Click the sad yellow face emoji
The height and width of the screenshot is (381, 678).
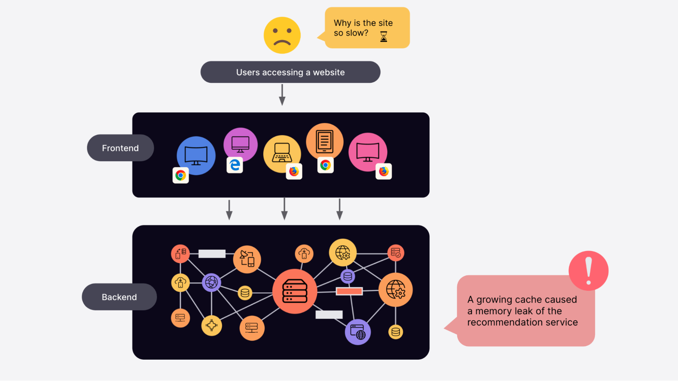pyautogui.click(x=282, y=35)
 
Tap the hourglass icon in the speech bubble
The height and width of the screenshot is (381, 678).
pyautogui.click(x=384, y=36)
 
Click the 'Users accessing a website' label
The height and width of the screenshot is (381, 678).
pyautogui.click(x=290, y=72)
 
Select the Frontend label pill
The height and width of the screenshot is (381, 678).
pyautogui.click(x=120, y=148)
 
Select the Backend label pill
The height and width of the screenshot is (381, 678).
pyautogui.click(x=119, y=297)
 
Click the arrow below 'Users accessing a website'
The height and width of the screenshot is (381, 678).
pyautogui.click(x=282, y=95)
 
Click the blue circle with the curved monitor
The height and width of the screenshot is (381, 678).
pyautogui.click(x=196, y=155)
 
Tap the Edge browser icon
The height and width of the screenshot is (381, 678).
pyautogui.click(x=235, y=165)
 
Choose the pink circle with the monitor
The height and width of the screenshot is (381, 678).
pyautogui.click(x=368, y=152)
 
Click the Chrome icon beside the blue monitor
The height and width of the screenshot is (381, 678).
pyautogui.click(x=180, y=175)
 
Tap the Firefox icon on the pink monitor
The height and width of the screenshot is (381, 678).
pyautogui.click(x=384, y=171)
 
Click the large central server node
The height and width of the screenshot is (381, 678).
pyautogui.click(x=294, y=291)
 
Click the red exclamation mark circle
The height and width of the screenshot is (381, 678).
pyautogui.click(x=588, y=271)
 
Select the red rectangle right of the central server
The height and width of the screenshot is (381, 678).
pyautogui.click(x=349, y=291)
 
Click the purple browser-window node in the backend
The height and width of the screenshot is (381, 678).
pyautogui.click(x=357, y=332)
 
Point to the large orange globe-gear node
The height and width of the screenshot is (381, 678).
pyautogui.click(x=395, y=290)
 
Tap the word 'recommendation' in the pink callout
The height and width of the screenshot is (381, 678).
pyautogui.click(x=500, y=322)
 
